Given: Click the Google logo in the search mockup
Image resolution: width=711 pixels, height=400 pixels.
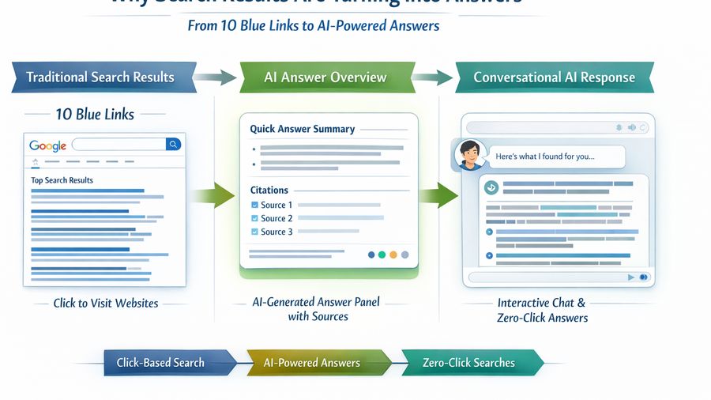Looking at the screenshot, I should pyautogui.click(x=47, y=145).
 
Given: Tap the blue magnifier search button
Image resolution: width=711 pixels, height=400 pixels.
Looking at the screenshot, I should pyautogui.click(x=173, y=145).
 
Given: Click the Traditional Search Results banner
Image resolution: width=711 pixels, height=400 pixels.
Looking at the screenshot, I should pyautogui.click(x=100, y=77).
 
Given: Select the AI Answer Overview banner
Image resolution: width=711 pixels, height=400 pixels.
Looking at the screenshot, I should pyautogui.click(x=325, y=77).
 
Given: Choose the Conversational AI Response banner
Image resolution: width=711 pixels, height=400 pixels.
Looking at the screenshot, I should pyautogui.click(x=554, y=77).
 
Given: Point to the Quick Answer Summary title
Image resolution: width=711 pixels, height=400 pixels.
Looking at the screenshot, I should pyautogui.click(x=302, y=129).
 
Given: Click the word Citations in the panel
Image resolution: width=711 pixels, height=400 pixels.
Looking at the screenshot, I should pyautogui.click(x=269, y=191).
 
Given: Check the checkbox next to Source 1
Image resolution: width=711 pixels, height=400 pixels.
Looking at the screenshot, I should pyautogui.click(x=254, y=206).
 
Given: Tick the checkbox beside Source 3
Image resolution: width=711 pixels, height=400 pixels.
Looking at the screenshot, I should pyautogui.click(x=254, y=232).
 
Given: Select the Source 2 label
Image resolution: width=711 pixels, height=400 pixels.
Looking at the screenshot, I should pyautogui.click(x=276, y=219).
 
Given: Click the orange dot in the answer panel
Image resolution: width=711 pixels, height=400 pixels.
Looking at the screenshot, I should pyautogui.click(x=393, y=255).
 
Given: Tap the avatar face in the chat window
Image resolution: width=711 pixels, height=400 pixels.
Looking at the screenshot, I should pyautogui.click(x=468, y=153).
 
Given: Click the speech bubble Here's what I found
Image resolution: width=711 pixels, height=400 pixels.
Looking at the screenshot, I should pyautogui.click(x=545, y=157).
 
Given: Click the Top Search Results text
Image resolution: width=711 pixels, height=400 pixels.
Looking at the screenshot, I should pyautogui.click(x=62, y=180).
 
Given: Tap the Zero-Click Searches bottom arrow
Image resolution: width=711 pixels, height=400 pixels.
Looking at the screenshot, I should pyautogui.click(x=468, y=363).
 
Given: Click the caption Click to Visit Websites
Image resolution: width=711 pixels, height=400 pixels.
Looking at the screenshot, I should pyautogui.click(x=106, y=303).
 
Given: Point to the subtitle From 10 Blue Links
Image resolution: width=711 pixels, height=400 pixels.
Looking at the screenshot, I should pyautogui.click(x=313, y=25).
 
